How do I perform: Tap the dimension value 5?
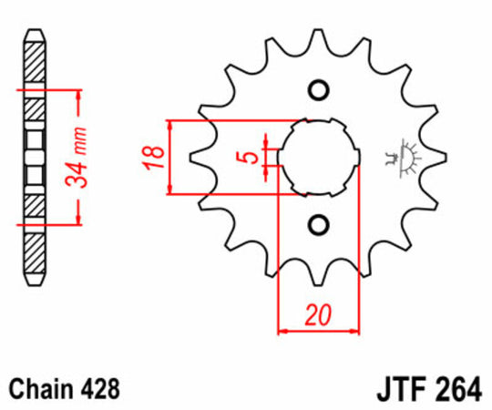247,157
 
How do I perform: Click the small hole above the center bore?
319,89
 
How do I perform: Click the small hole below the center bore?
319,224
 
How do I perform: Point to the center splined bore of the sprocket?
319,157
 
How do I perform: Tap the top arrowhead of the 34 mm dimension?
82,96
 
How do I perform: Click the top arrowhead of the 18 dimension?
169,125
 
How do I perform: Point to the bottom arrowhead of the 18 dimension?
169,189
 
